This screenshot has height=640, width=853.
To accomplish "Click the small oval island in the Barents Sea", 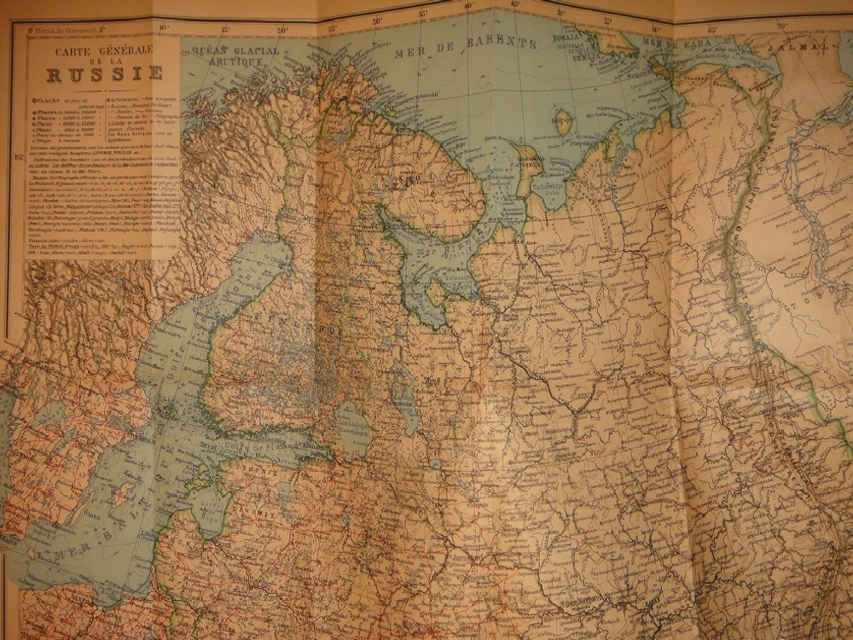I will tap(563, 119).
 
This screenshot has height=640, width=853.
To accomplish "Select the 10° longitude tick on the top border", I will tap(163, 28).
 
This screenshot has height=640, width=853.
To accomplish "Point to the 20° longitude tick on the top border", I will tap(282, 28).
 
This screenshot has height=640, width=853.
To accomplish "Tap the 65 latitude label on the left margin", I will tap(19, 156).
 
